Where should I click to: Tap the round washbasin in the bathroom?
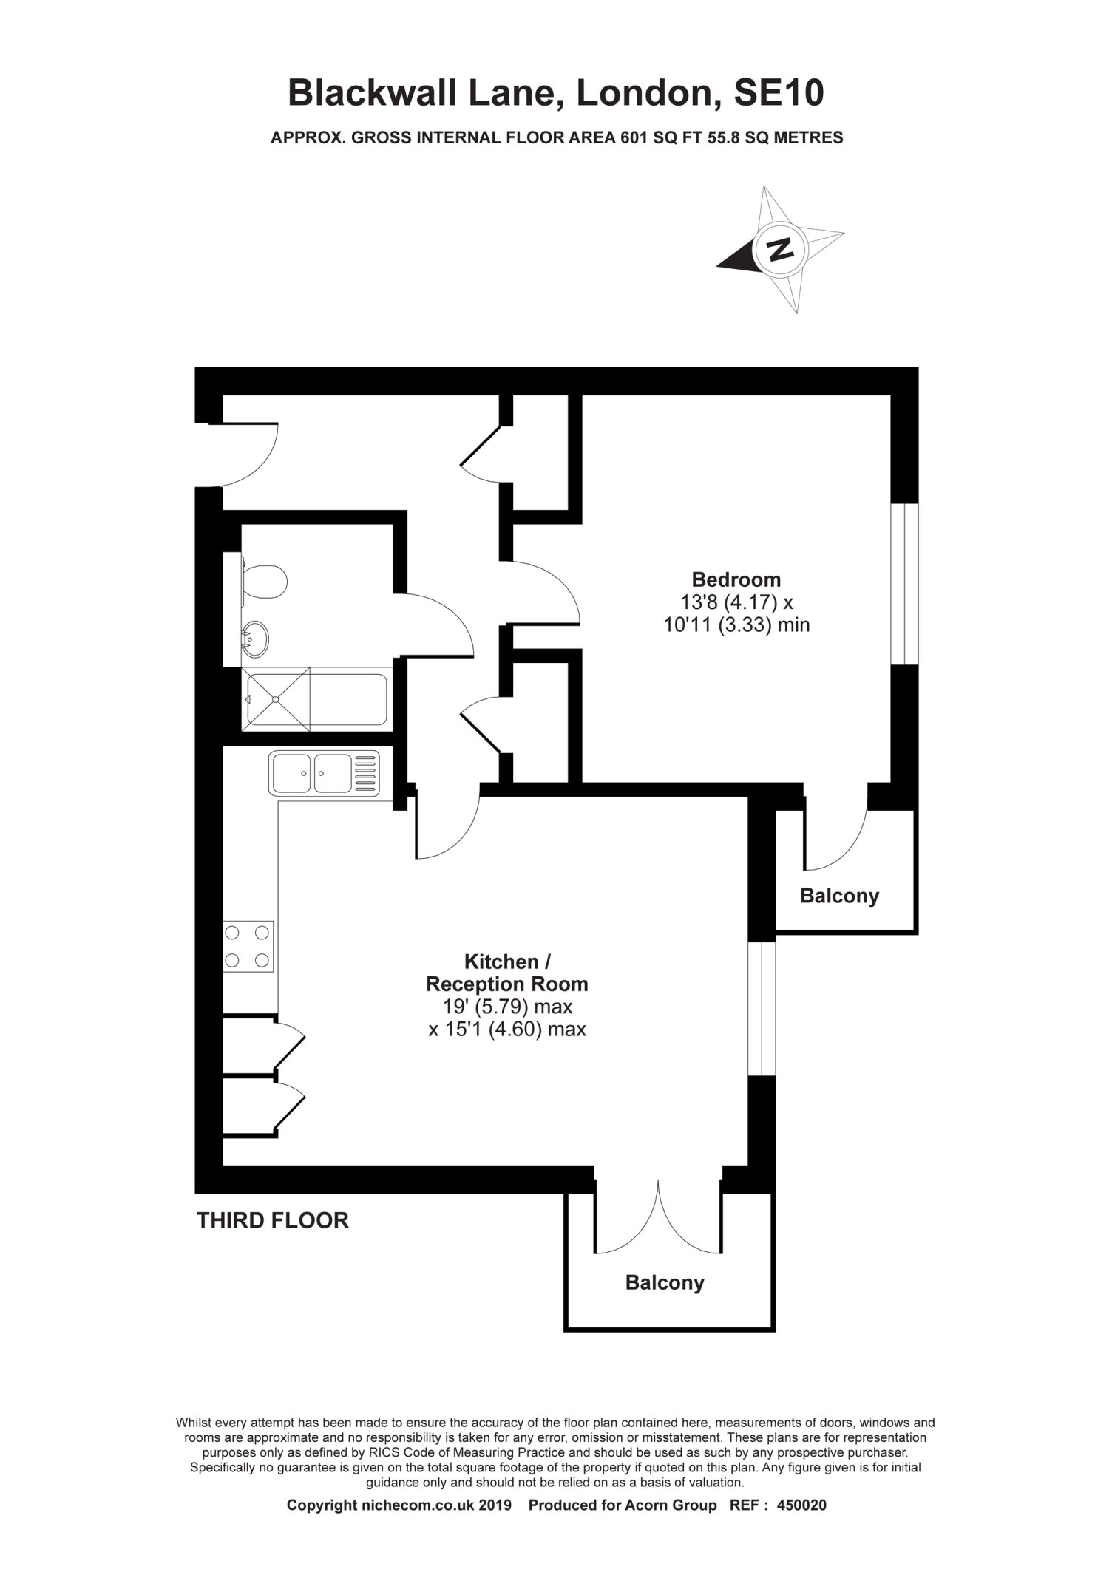pyautogui.click(x=256, y=637)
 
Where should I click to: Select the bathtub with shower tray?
pyautogui.click(x=315, y=699)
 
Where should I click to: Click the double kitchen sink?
pyautogui.click(x=325, y=772)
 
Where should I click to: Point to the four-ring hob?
pyautogui.click(x=248, y=946)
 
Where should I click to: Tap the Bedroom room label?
pyautogui.click(x=736, y=579)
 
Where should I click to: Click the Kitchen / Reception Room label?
pyautogui.click(x=507, y=973)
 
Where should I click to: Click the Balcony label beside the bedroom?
pyautogui.click(x=839, y=896)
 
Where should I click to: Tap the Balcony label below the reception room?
pyautogui.click(x=665, y=1282)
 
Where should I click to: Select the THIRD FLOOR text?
pyautogui.click(x=272, y=1220)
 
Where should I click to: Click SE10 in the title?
pyautogui.click(x=778, y=94)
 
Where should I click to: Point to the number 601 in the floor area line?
pyautogui.click(x=632, y=137)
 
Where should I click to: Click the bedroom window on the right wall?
pyautogui.click(x=904, y=585)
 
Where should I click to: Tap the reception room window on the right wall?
pyautogui.click(x=762, y=1009)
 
